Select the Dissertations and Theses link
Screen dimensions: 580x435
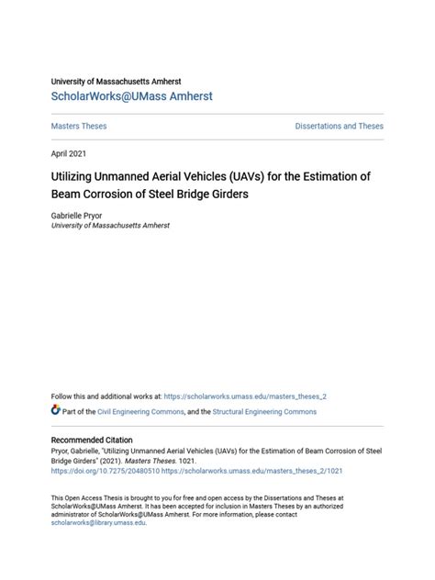click(x=339, y=126)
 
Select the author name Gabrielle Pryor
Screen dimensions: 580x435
click(x=79, y=214)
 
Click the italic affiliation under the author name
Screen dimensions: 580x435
click(x=110, y=225)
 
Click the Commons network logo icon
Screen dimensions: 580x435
click(x=56, y=411)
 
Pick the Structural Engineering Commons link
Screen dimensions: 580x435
click(x=265, y=412)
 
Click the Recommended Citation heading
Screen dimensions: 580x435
click(x=92, y=441)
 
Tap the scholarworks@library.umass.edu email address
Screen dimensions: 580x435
click(x=98, y=523)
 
